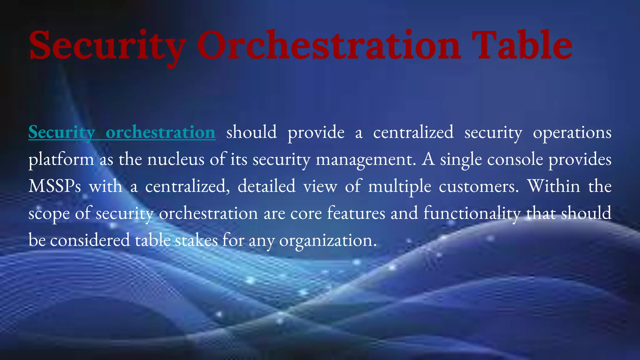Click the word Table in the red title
click(522, 45)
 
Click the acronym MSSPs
click(55, 187)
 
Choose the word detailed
click(266, 186)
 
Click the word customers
click(478, 187)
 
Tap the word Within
click(553, 186)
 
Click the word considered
click(90, 240)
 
